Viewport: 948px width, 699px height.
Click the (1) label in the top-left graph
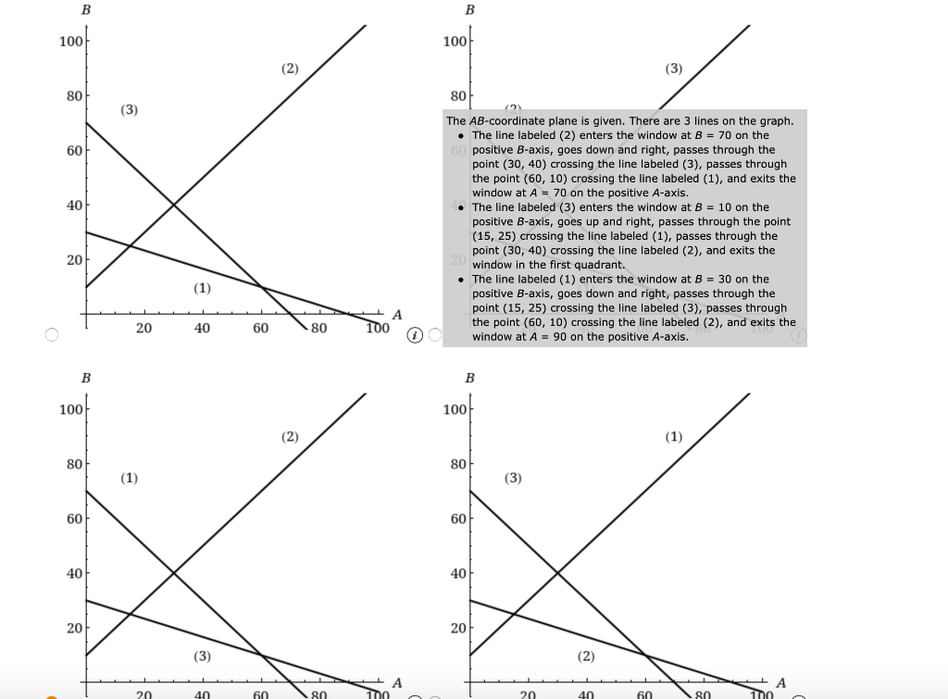pos(202,288)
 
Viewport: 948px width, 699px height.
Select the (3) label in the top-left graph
pos(129,110)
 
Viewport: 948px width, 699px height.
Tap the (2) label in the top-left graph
pos(290,69)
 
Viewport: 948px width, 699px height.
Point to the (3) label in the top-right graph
pos(673,69)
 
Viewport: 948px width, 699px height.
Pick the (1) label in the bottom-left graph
pos(129,478)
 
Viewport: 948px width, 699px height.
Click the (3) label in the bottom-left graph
pos(202,656)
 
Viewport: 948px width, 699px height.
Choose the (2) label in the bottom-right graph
pos(585,656)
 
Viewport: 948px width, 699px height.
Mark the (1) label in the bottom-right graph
pos(673,436)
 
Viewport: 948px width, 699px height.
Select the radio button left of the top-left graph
pos(52,335)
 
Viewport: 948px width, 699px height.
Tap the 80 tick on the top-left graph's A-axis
pos(318,328)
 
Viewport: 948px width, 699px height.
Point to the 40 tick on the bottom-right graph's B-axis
pos(455,573)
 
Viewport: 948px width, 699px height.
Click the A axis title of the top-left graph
pos(397,315)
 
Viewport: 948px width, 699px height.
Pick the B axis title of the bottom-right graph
pos(469,378)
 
